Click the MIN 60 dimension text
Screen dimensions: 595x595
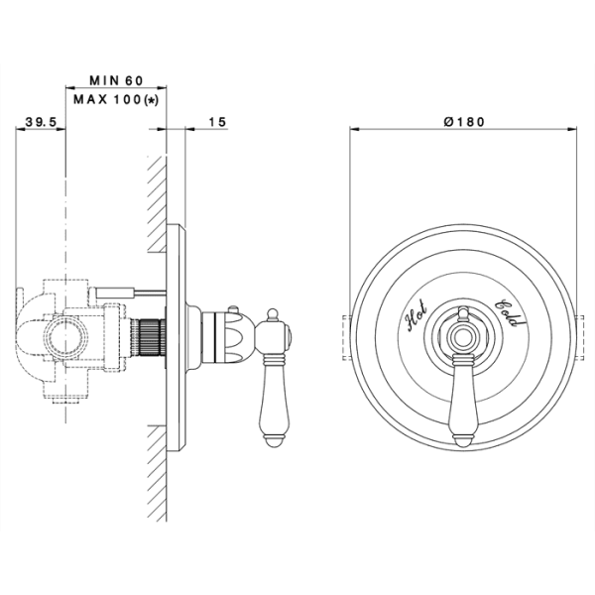tap(116, 80)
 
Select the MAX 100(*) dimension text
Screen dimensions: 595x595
tap(116, 100)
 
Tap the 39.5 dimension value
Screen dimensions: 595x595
tap(41, 122)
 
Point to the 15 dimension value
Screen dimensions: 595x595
tap(217, 122)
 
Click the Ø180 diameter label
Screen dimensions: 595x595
tap(464, 122)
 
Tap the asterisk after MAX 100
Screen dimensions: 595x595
tap(152, 100)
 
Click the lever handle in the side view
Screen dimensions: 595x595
tap(274, 402)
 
